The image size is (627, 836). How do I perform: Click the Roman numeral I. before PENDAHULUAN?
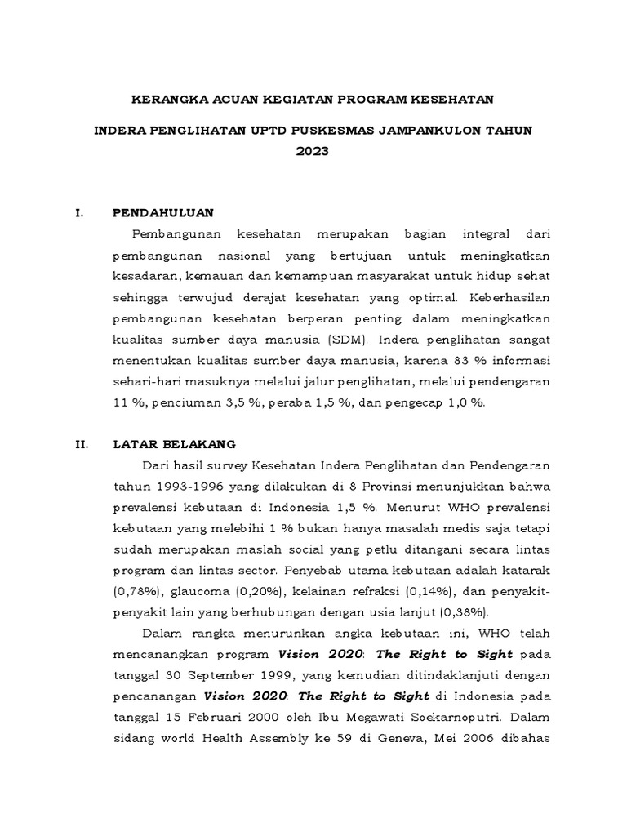[x=79, y=213]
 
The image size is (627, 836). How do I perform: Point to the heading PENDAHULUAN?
[x=162, y=213]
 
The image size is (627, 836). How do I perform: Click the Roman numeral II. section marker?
[x=82, y=444]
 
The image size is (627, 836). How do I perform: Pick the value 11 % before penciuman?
[x=126, y=403]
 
